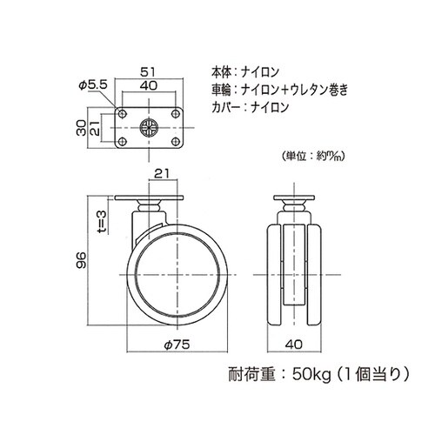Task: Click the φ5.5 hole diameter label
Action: (91, 84)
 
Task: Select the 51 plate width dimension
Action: (149, 73)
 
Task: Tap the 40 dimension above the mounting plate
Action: (149, 87)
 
